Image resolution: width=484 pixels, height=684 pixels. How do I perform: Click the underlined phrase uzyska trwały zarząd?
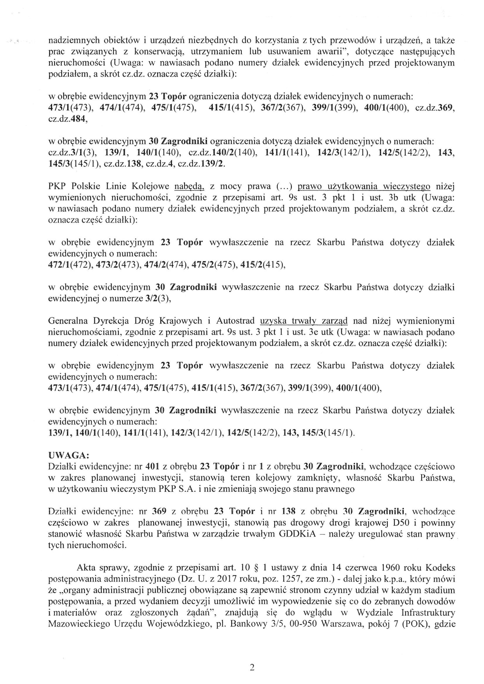point(304,321)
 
